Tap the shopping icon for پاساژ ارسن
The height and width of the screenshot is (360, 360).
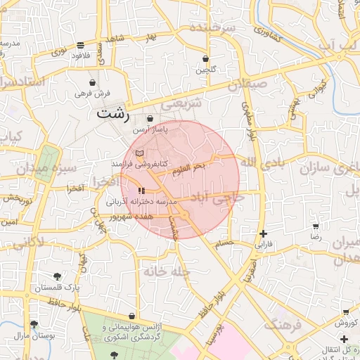coord(150,118)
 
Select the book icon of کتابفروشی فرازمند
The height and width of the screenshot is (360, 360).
coord(139,153)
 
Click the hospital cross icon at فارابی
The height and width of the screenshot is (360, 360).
coord(263,233)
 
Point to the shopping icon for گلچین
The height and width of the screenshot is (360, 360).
coord(205,58)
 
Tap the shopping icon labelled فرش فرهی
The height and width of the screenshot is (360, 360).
coord(92,82)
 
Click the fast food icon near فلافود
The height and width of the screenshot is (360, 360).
coord(81,44)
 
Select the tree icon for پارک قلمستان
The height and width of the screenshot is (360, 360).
coord(56,276)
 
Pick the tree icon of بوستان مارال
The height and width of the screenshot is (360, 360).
coord(33,324)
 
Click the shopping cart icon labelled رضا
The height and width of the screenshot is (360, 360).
coord(316,226)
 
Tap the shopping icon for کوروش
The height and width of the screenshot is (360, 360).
coord(345,311)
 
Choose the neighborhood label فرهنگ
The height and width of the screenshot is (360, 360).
coord(283,325)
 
